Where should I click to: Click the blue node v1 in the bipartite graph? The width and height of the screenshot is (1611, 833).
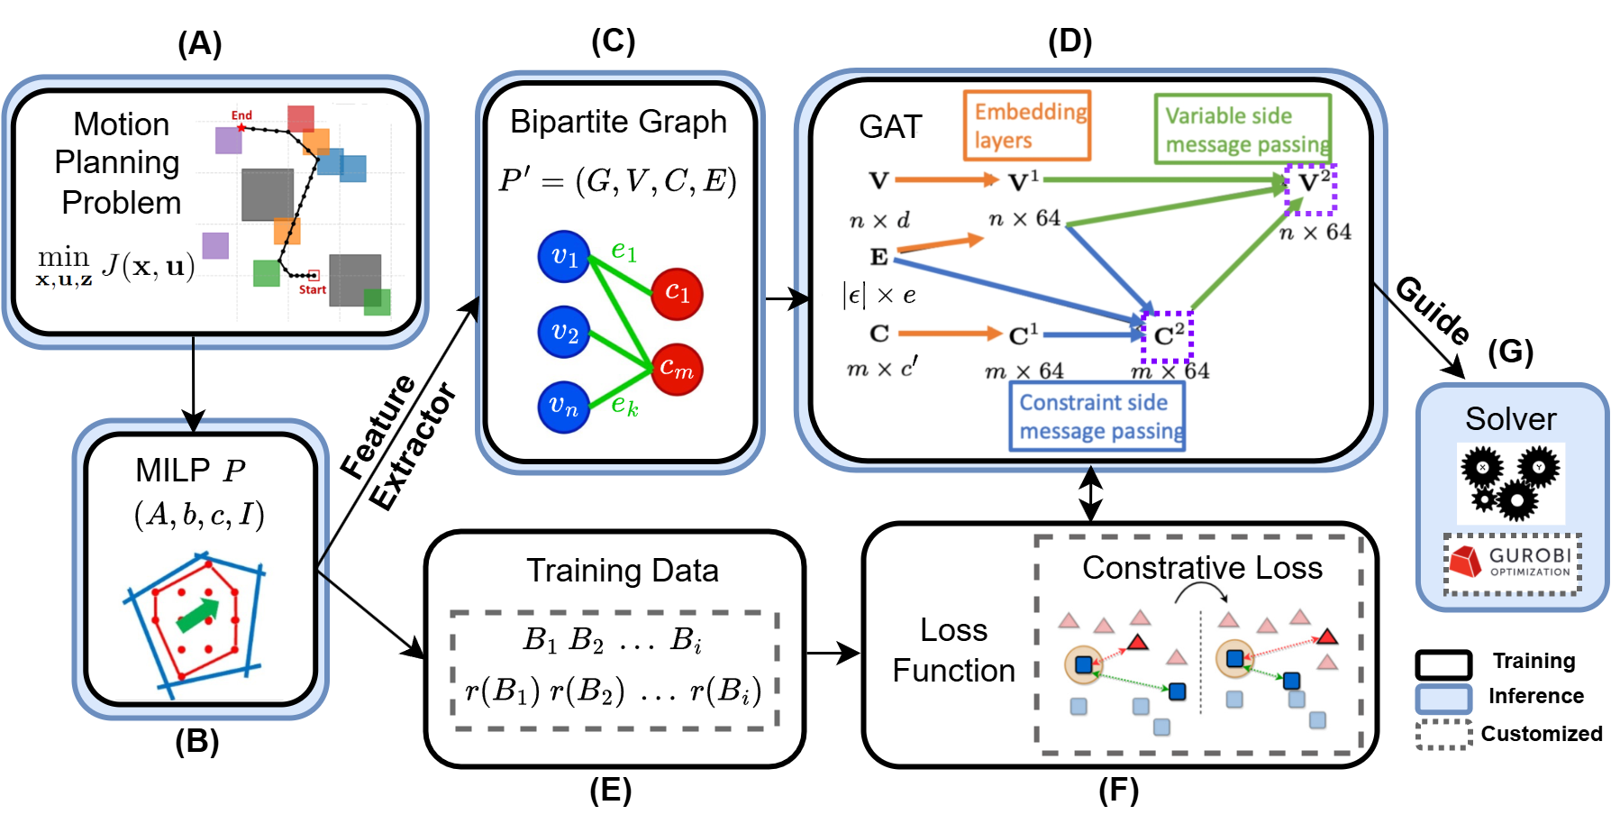(564, 257)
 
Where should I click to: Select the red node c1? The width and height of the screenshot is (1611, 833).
(677, 293)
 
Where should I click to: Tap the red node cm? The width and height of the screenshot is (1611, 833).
(677, 369)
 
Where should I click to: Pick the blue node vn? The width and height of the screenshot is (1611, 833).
(564, 407)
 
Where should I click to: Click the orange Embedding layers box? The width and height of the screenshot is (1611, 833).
(1027, 125)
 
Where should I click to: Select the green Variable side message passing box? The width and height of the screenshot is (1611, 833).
(1243, 130)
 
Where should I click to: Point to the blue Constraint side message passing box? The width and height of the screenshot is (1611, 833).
(1097, 416)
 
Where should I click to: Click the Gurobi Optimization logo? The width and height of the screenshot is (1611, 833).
(1514, 563)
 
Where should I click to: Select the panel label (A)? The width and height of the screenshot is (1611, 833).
(199, 43)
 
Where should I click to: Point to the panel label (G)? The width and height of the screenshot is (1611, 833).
(1510, 352)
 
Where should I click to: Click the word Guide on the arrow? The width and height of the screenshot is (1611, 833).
(1433, 309)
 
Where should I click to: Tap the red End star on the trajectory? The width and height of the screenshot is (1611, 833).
(241, 128)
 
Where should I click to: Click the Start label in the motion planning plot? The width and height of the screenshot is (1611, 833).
(313, 289)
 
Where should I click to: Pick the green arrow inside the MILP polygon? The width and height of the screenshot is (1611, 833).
(198, 615)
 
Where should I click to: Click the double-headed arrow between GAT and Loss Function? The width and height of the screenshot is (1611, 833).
(1090, 494)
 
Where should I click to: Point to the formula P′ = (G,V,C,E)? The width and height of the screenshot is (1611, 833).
(618, 181)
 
